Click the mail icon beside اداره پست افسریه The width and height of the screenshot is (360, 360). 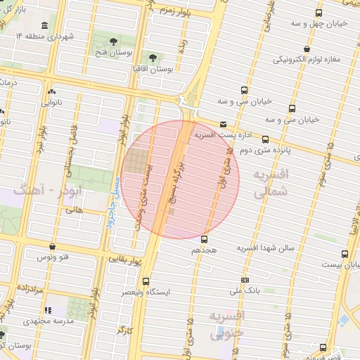223,124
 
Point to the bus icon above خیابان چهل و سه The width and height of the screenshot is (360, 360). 319,13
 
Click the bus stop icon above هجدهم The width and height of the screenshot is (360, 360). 205,239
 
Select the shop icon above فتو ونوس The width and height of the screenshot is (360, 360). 54,247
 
